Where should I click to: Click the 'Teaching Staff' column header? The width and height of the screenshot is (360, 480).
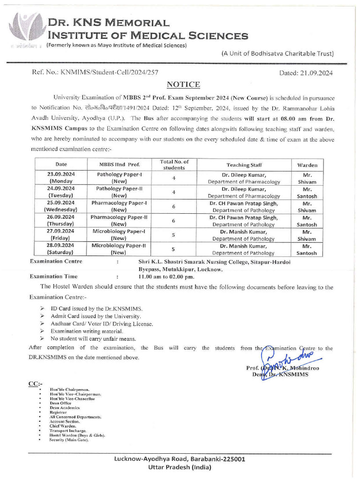pos(244,165)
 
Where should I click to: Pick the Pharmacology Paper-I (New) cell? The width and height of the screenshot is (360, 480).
pos(119,206)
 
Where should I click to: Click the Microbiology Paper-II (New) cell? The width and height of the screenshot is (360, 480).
pos(119,248)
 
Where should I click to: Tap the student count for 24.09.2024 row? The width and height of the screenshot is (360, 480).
pos(173,192)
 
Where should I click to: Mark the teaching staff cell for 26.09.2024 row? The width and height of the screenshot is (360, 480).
pos(244,220)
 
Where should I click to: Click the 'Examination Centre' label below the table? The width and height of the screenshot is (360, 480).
pos(56,262)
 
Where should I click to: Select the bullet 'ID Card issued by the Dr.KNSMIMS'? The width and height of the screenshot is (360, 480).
pos(96,309)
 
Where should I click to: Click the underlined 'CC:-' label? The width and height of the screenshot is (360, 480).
pos(36,384)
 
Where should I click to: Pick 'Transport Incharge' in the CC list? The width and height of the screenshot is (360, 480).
pos(68,430)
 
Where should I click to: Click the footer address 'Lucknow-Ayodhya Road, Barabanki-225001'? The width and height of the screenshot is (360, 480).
pos(180,459)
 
